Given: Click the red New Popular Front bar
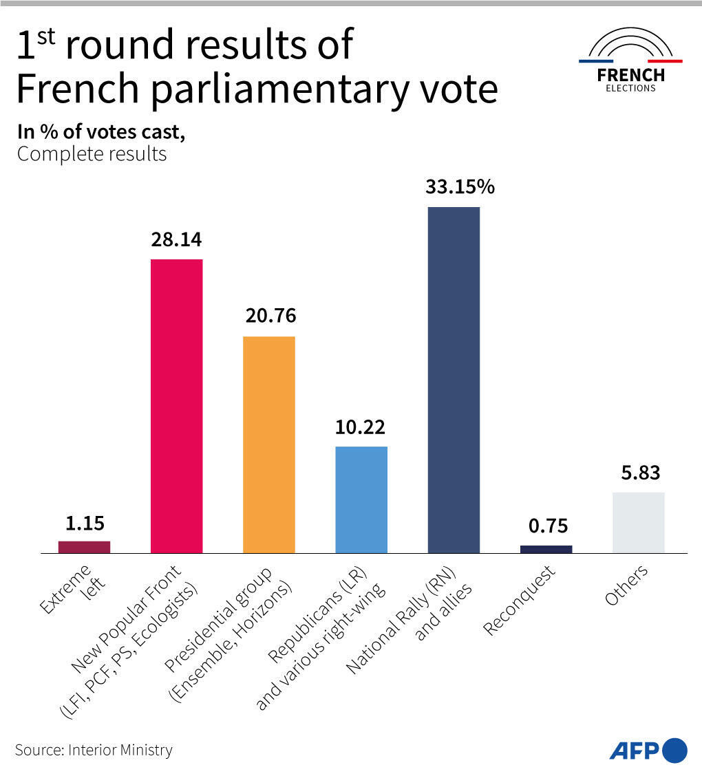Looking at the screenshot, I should pyautogui.click(x=176, y=406).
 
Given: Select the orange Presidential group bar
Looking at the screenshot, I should pyautogui.click(x=268, y=444).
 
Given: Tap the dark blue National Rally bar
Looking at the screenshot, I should pyautogui.click(x=454, y=380).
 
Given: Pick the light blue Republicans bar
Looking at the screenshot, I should pyautogui.click(x=361, y=499).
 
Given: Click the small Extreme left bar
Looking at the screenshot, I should pyautogui.click(x=84, y=547).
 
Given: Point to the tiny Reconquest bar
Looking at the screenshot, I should pyautogui.click(x=546, y=549).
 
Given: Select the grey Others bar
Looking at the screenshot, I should pyautogui.click(x=638, y=522).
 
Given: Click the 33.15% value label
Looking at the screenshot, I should pyautogui.click(x=460, y=187).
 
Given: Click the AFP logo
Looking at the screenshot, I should pyautogui.click(x=648, y=749).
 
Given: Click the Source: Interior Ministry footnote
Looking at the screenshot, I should pyautogui.click(x=94, y=749).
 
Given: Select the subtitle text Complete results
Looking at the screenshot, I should pyautogui.click(x=92, y=153).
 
